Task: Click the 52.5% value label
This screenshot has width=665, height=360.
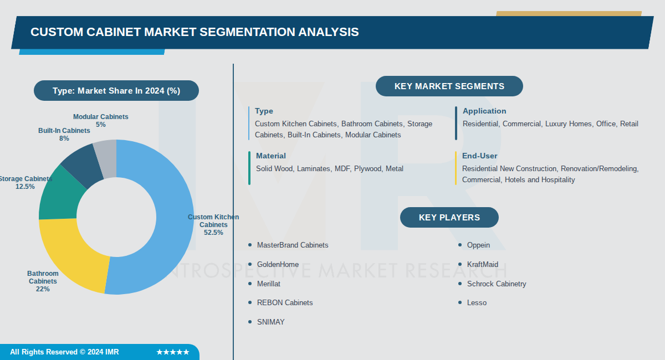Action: tap(213, 233)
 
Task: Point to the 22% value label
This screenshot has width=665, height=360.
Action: tap(43, 289)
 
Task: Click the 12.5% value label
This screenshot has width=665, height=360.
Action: tap(25, 187)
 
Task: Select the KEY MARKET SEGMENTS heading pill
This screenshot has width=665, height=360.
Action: tap(449, 86)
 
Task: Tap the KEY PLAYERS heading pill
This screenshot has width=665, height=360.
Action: tap(449, 218)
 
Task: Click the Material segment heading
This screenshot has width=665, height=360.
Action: tap(271, 156)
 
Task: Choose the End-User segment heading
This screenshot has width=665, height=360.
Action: tap(480, 156)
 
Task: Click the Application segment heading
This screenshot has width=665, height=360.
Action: tap(484, 111)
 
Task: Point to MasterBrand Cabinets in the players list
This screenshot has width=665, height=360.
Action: tap(293, 245)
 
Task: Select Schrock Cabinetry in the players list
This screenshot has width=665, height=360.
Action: tap(497, 284)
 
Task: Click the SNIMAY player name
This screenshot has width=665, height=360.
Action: tap(271, 322)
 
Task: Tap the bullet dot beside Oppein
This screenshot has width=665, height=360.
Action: tap(460, 245)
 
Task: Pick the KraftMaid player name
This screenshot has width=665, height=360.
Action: tap(483, 264)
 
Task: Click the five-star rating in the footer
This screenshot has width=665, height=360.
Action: tap(172, 352)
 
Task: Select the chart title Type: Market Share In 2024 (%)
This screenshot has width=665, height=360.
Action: tap(116, 91)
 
